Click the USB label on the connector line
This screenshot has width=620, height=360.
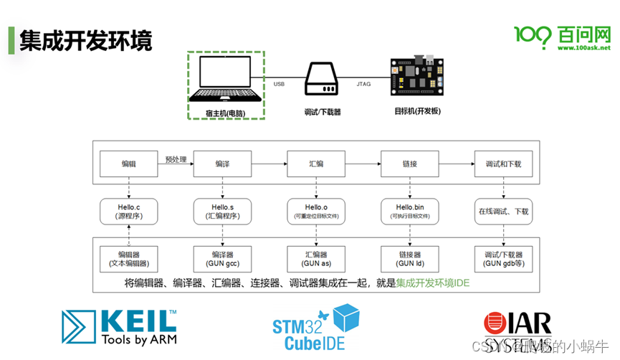279,85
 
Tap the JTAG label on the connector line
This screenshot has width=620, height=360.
363,85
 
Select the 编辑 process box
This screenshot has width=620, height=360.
128,164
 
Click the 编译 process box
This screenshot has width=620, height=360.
222,164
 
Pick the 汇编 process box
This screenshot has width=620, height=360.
315,164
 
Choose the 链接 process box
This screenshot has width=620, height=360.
409,164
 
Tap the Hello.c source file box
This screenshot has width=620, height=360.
128,211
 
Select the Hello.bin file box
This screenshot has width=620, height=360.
409,211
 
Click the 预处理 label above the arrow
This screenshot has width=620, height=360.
176,158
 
